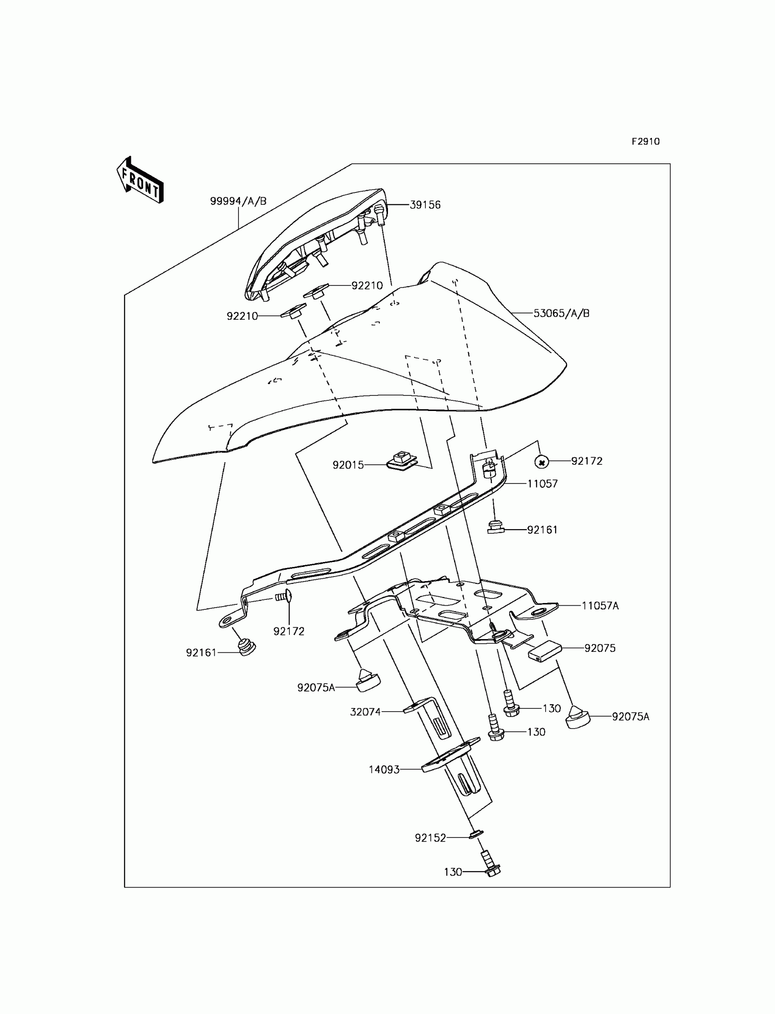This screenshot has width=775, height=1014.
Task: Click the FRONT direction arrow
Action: [140, 181]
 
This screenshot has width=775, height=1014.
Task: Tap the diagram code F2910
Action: [646, 142]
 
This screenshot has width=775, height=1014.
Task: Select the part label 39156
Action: [425, 205]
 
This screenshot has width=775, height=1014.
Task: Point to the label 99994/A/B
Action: [238, 201]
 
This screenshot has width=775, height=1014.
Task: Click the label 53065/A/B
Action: [561, 313]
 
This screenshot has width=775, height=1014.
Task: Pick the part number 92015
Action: [348, 465]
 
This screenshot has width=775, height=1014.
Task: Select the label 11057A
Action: [599, 606]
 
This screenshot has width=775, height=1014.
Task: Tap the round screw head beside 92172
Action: [542, 461]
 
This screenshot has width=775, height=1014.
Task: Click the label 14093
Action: [384, 770]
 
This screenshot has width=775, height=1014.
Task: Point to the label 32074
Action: [365, 712]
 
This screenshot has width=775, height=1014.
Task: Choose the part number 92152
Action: [430, 837]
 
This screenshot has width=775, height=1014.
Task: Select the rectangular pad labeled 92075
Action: [544, 652]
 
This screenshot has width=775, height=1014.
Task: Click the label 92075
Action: [599, 649]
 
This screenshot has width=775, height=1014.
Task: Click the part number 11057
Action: [542, 484]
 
